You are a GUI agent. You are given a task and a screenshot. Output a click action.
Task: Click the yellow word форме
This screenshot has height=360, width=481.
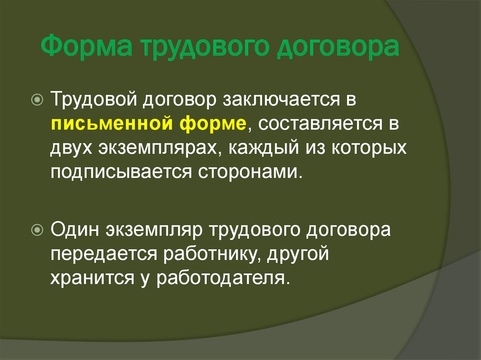tap(212, 124)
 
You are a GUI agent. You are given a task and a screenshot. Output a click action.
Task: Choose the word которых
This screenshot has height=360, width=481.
tap(365, 149)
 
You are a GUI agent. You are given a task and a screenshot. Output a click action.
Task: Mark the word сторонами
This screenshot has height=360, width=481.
tap(244, 172)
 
